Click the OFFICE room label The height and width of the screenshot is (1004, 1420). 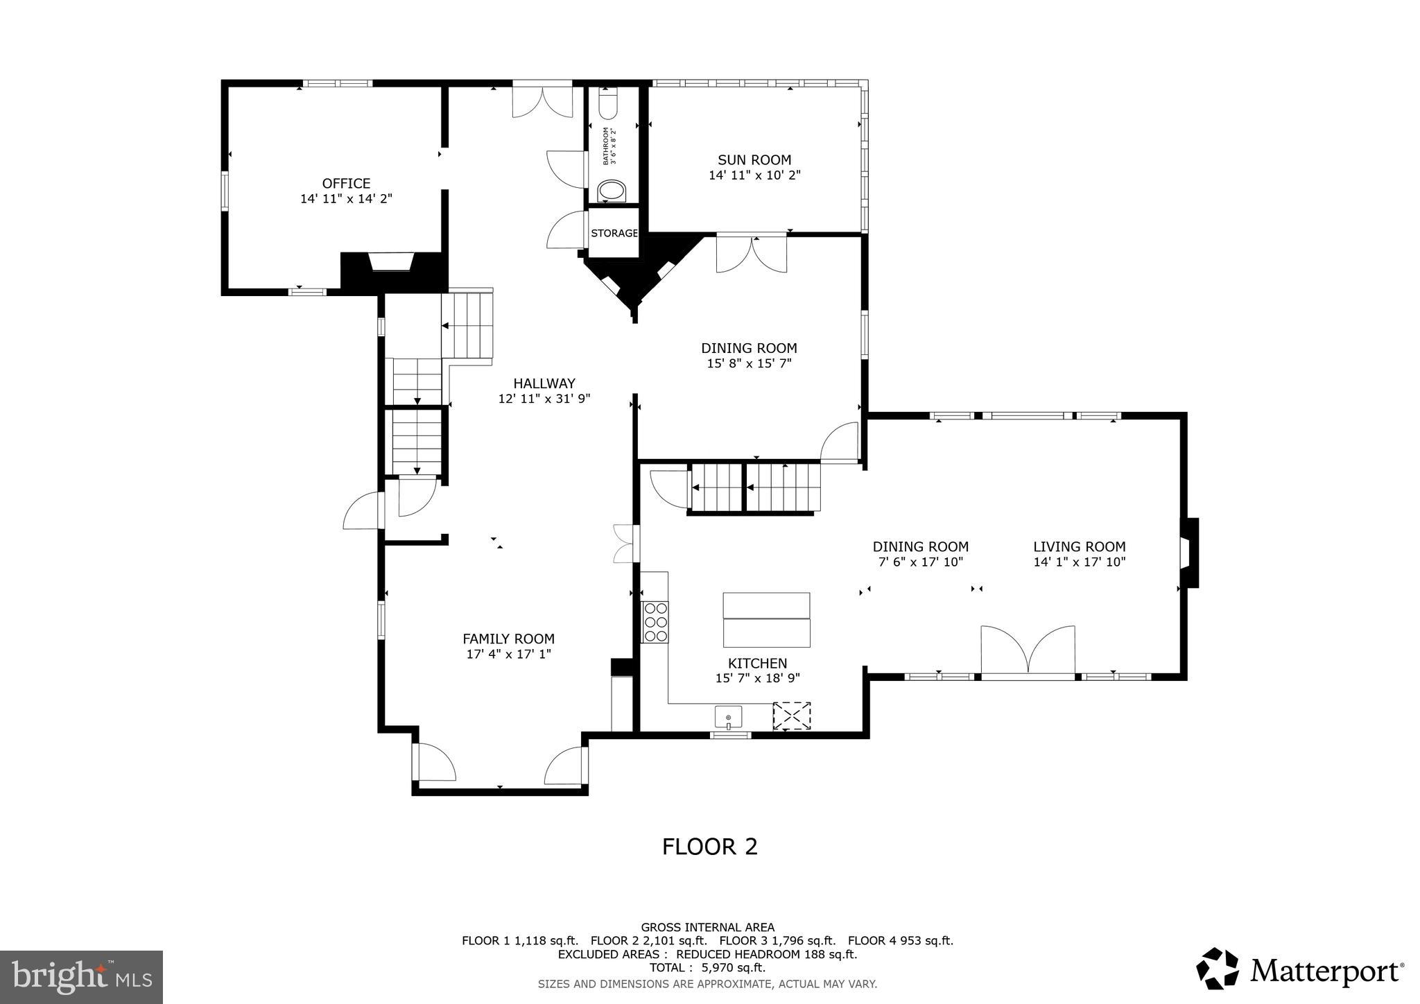click(x=346, y=184)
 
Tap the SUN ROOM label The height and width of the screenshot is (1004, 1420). click(x=754, y=160)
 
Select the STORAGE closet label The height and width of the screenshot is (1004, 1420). click(x=614, y=233)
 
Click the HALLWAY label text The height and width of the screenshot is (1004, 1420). click(x=544, y=383)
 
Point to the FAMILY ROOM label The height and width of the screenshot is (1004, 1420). click(x=508, y=639)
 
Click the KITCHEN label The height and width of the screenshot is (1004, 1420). click(x=757, y=664)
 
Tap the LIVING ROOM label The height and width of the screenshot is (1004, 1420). click(x=1079, y=546)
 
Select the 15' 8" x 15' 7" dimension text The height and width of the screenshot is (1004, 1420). click(x=749, y=363)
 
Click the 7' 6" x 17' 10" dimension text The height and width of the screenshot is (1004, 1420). click(x=920, y=562)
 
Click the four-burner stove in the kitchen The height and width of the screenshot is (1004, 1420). click(x=655, y=622)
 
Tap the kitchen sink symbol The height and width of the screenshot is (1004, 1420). click(x=728, y=716)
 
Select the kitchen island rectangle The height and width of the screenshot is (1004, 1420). click(x=766, y=619)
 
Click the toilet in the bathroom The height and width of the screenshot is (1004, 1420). click(x=607, y=105)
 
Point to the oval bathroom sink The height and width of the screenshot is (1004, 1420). click(x=612, y=191)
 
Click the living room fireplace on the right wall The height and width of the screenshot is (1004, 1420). click(x=1188, y=553)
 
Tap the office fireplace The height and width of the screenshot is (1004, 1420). click(x=392, y=263)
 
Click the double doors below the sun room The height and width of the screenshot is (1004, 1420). click(x=752, y=254)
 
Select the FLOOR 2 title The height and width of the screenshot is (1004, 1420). click(x=709, y=847)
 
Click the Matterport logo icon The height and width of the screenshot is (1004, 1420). click(x=1218, y=968)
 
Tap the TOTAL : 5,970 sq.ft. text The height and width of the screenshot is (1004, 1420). click(x=707, y=968)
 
